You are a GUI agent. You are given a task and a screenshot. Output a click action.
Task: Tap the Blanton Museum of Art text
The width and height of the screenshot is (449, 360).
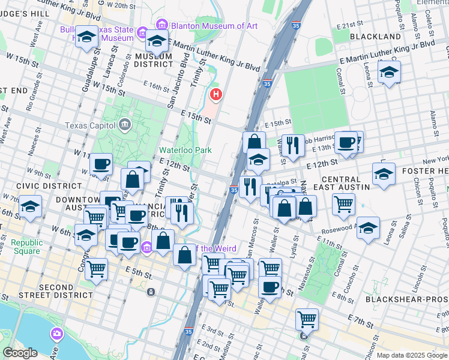click(206, 25)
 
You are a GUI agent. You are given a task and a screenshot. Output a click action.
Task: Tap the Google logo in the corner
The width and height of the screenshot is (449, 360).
click(20, 353)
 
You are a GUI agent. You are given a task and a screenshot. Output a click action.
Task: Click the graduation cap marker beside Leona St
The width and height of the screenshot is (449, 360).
click(389, 73)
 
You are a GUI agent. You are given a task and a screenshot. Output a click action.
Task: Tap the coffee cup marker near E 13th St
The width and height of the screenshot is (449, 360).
click(346, 142)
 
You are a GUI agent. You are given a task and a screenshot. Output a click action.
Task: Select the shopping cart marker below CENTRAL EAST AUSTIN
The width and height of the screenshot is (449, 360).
click(343, 204)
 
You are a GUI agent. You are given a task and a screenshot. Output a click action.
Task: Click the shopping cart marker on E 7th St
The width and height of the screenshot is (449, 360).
click(307, 319)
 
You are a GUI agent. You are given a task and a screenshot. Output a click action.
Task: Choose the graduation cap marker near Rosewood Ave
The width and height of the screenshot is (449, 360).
click(369, 228)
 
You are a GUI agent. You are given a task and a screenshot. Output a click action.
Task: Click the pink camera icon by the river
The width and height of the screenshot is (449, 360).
click(56, 333)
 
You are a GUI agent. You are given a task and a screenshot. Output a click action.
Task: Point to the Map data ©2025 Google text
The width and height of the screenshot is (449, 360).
click(411, 355)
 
